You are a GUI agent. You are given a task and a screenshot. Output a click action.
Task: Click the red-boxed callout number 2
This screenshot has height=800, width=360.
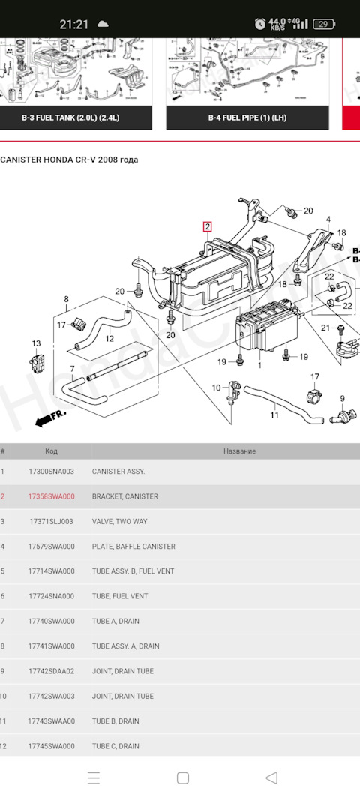click(x=207, y=227)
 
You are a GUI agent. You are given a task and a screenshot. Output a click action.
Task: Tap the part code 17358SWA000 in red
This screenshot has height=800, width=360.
click(x=51, y=496)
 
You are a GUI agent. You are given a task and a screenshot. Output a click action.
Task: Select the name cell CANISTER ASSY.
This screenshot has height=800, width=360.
click(x=118, y=472)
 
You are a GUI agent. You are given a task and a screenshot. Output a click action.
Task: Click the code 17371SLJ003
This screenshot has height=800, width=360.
click(x=51, y=521)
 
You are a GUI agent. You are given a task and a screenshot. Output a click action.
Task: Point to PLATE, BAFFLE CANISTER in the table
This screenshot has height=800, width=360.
click(x=133, y=547)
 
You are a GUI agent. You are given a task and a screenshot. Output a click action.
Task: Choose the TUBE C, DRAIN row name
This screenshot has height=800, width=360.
click(x=115, y=746)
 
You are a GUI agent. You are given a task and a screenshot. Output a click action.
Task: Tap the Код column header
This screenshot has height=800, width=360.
click(x=51, y=451)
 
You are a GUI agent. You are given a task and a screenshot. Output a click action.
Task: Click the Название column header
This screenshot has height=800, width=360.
click(x=239, y=451)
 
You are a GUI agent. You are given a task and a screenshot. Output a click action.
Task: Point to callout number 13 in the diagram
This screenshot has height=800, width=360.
click(x=36, y=343)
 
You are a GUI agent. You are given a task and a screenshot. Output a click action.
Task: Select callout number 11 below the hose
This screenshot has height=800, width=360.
click(x=274, y=415)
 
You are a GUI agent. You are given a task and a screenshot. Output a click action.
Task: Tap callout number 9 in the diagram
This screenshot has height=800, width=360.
click(x=342, y=398)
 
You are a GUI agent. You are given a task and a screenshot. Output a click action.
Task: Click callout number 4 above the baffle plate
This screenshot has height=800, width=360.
click(x=328, y=220)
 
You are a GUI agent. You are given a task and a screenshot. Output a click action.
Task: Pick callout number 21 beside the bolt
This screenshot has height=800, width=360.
click(x=325, y=328)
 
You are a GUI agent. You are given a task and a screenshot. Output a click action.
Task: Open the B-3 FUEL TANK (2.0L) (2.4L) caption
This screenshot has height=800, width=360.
click(x=71, y=118)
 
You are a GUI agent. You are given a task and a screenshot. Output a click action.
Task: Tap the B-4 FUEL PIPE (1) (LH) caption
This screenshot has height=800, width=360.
click(x=247, y=118)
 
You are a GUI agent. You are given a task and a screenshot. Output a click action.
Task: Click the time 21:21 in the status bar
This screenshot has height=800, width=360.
click(x=74, y=24)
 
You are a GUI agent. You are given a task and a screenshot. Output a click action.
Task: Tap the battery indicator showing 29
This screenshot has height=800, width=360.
click(x=324, y=24)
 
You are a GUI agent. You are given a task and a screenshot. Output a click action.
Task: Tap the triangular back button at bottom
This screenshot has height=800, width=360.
click(x=271, y=778)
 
